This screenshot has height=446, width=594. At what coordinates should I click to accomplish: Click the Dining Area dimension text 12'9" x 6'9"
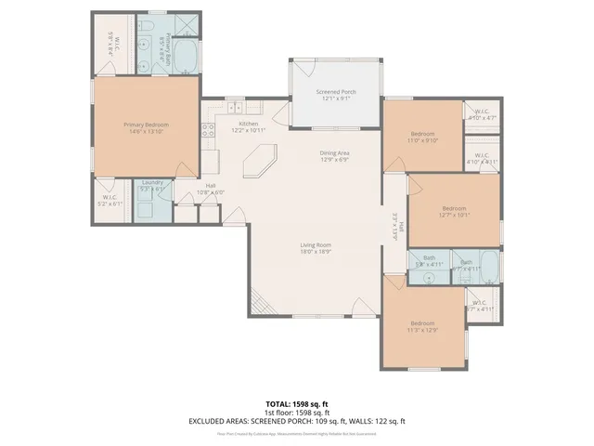[334, 160]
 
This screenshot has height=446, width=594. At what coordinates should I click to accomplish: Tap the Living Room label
[316, 244]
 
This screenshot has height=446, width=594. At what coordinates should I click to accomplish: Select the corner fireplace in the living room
[261, 304]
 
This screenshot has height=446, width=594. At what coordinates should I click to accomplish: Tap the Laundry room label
[152, 182]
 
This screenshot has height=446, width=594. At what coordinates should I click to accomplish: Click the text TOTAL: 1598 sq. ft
[296, 403]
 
